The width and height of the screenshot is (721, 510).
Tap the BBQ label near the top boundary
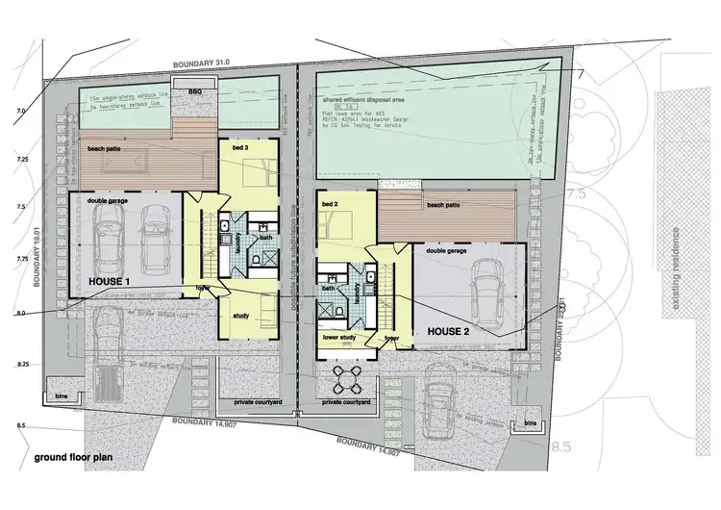[196, 91]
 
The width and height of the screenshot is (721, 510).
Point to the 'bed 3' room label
[240, 149]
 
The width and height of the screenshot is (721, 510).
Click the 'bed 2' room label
[331, 205]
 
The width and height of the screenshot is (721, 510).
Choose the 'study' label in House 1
[240, 315]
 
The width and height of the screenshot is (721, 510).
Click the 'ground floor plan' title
[73, 458]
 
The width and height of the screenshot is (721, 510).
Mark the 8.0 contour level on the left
[20, 313]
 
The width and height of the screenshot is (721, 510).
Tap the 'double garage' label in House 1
[108, 201]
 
